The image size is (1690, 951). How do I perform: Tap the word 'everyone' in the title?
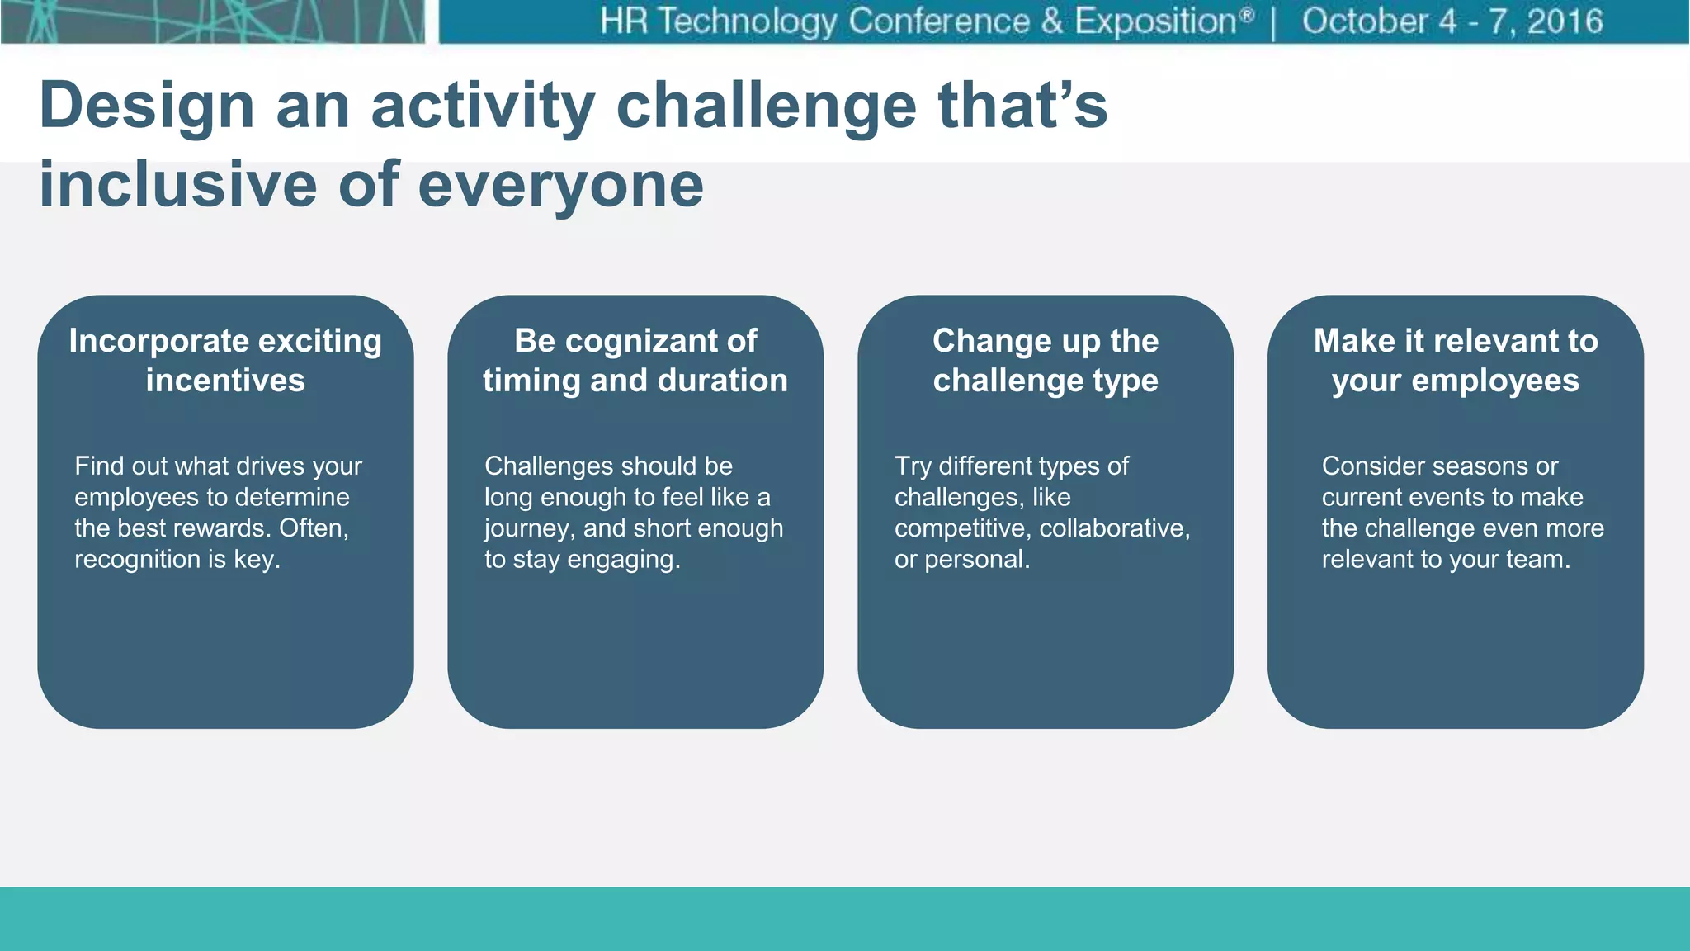(x=561, y=186)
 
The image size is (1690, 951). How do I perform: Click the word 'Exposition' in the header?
(x=1155, y=21)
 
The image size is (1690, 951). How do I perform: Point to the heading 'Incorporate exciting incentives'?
(x=225, y=361)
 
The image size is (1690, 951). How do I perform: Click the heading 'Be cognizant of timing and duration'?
(x=635, y=361)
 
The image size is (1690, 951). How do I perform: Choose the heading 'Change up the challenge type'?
(x=1046, y=361)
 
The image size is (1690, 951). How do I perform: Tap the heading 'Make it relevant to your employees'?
(x=1456, y=361)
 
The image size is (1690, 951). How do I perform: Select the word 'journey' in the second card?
(x=525, y=529)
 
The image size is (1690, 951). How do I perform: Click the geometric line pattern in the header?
(x=213, y=21)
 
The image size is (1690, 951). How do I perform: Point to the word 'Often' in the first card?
(x=313, y=528)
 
